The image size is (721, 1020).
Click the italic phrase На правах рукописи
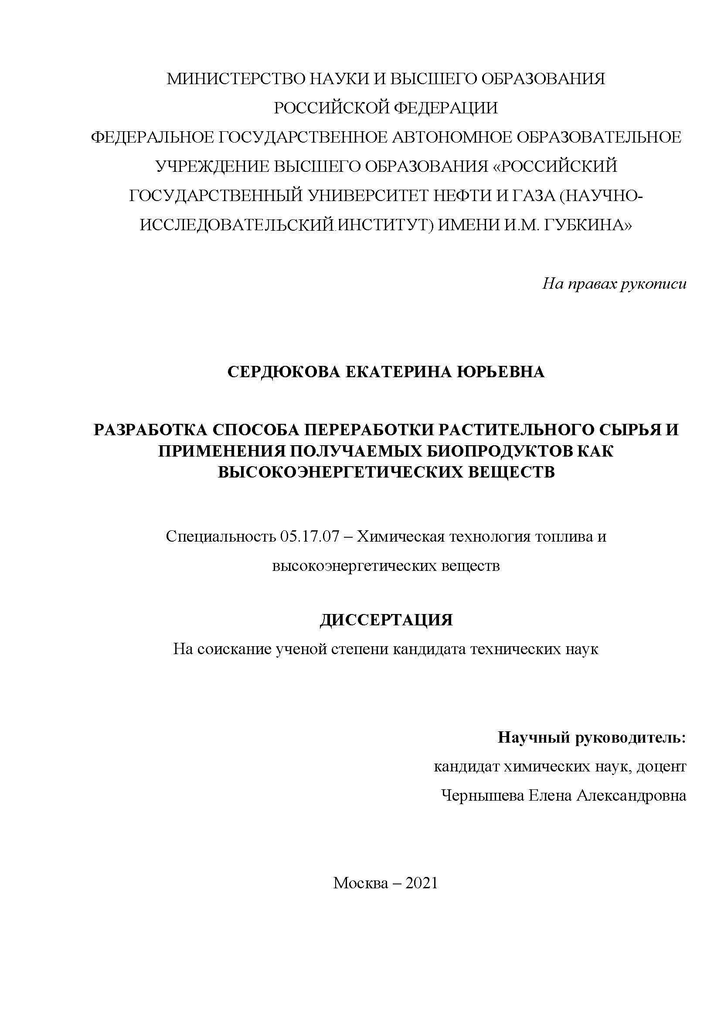614,283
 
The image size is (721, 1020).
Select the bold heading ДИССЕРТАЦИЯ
386,620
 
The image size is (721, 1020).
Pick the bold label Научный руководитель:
592,737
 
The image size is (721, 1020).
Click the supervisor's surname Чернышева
482,795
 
